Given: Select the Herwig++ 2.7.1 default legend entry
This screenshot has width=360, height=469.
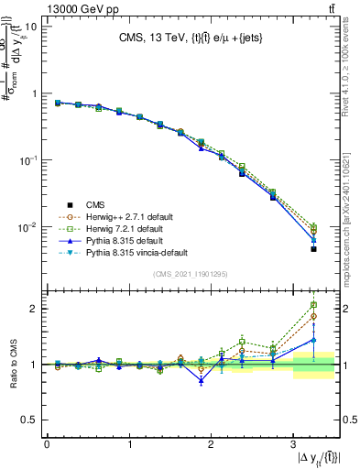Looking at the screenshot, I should point(124,216).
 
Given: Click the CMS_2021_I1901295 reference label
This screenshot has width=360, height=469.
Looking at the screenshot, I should point(191,274).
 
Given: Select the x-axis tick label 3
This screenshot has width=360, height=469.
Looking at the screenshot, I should point(292,445).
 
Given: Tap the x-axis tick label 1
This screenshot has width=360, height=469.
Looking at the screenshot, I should point(129,445).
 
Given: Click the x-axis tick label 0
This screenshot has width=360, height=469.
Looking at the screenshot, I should point(47,445).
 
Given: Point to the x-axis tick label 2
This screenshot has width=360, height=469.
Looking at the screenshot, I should point(211,445).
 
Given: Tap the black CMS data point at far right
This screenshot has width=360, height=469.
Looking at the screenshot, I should point(313,248).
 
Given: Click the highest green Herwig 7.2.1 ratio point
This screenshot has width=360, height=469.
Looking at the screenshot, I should point(313,305).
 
